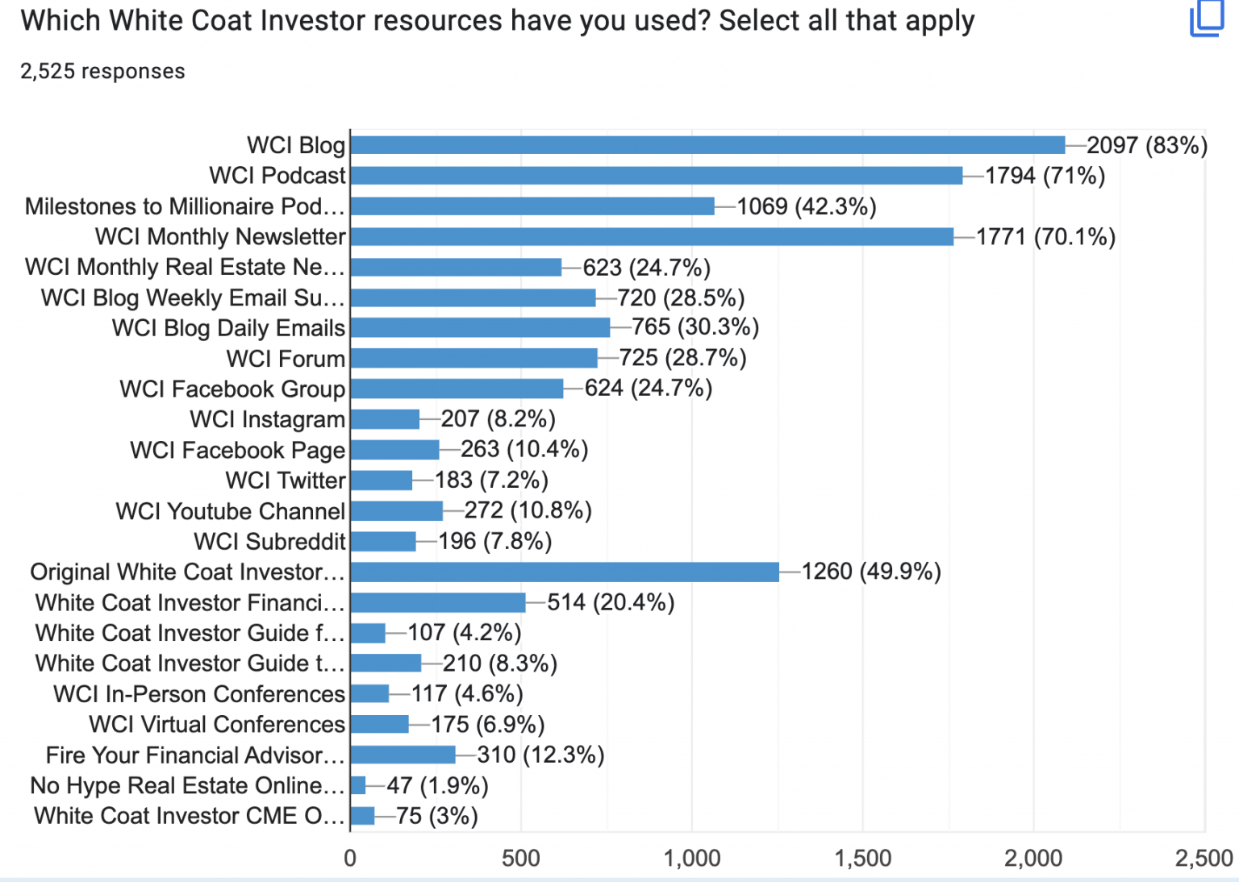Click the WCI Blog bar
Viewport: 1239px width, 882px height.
(x=707, y=145)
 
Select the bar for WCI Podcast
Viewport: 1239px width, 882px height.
(x=656, y=176)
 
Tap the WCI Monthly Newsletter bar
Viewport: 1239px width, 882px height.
(x=652, y=237)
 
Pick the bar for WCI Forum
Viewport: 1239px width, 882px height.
(x=473, y=359)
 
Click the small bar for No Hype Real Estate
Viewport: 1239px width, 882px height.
(x=358, y=785)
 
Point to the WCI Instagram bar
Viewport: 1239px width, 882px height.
(x=385, y=419)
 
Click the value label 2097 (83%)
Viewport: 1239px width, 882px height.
(x=1146, y=146)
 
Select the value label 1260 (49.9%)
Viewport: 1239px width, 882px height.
(x=871, y=572)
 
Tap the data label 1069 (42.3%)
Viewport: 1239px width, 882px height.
(x=806, y=207)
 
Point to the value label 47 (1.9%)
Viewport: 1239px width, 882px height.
(x=437, y=785)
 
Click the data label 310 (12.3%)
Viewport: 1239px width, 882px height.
(x=540, y=755)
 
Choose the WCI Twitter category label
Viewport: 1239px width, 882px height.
(x=286, y=481)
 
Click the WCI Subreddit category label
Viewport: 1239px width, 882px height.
(x=269, y=542)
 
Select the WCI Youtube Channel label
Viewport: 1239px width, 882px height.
(x=231, y=511)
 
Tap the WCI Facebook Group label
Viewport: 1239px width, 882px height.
(x=232, y=389)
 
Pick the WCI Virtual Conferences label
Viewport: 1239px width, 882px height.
(x=217, y=725)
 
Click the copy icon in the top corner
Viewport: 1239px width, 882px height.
(x=1208, y=17)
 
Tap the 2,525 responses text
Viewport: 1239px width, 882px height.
(x=102, y=72)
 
